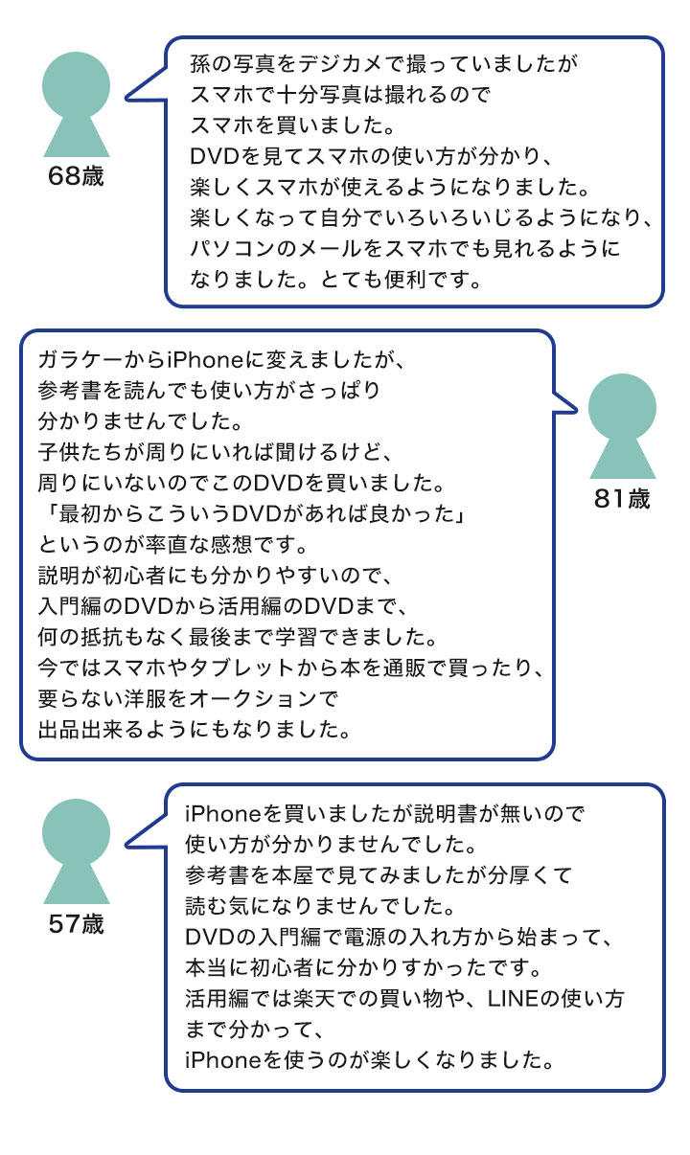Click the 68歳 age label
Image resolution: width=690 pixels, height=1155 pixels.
[76, 176]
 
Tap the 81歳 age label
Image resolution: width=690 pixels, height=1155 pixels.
[622, 499]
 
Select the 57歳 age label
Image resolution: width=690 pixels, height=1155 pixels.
[76, 923]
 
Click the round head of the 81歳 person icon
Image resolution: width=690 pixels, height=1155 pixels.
[622, 408]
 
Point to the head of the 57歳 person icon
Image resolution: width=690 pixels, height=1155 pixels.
[76, 833]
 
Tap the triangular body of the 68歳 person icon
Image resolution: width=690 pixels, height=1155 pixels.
[77, 136]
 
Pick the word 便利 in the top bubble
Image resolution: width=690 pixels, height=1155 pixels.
[405, 280]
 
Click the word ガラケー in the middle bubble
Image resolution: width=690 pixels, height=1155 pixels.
[80, 359]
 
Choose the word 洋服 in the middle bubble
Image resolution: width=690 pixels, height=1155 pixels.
[145, 699]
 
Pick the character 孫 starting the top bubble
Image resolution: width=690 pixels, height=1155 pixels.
[200, 63]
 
